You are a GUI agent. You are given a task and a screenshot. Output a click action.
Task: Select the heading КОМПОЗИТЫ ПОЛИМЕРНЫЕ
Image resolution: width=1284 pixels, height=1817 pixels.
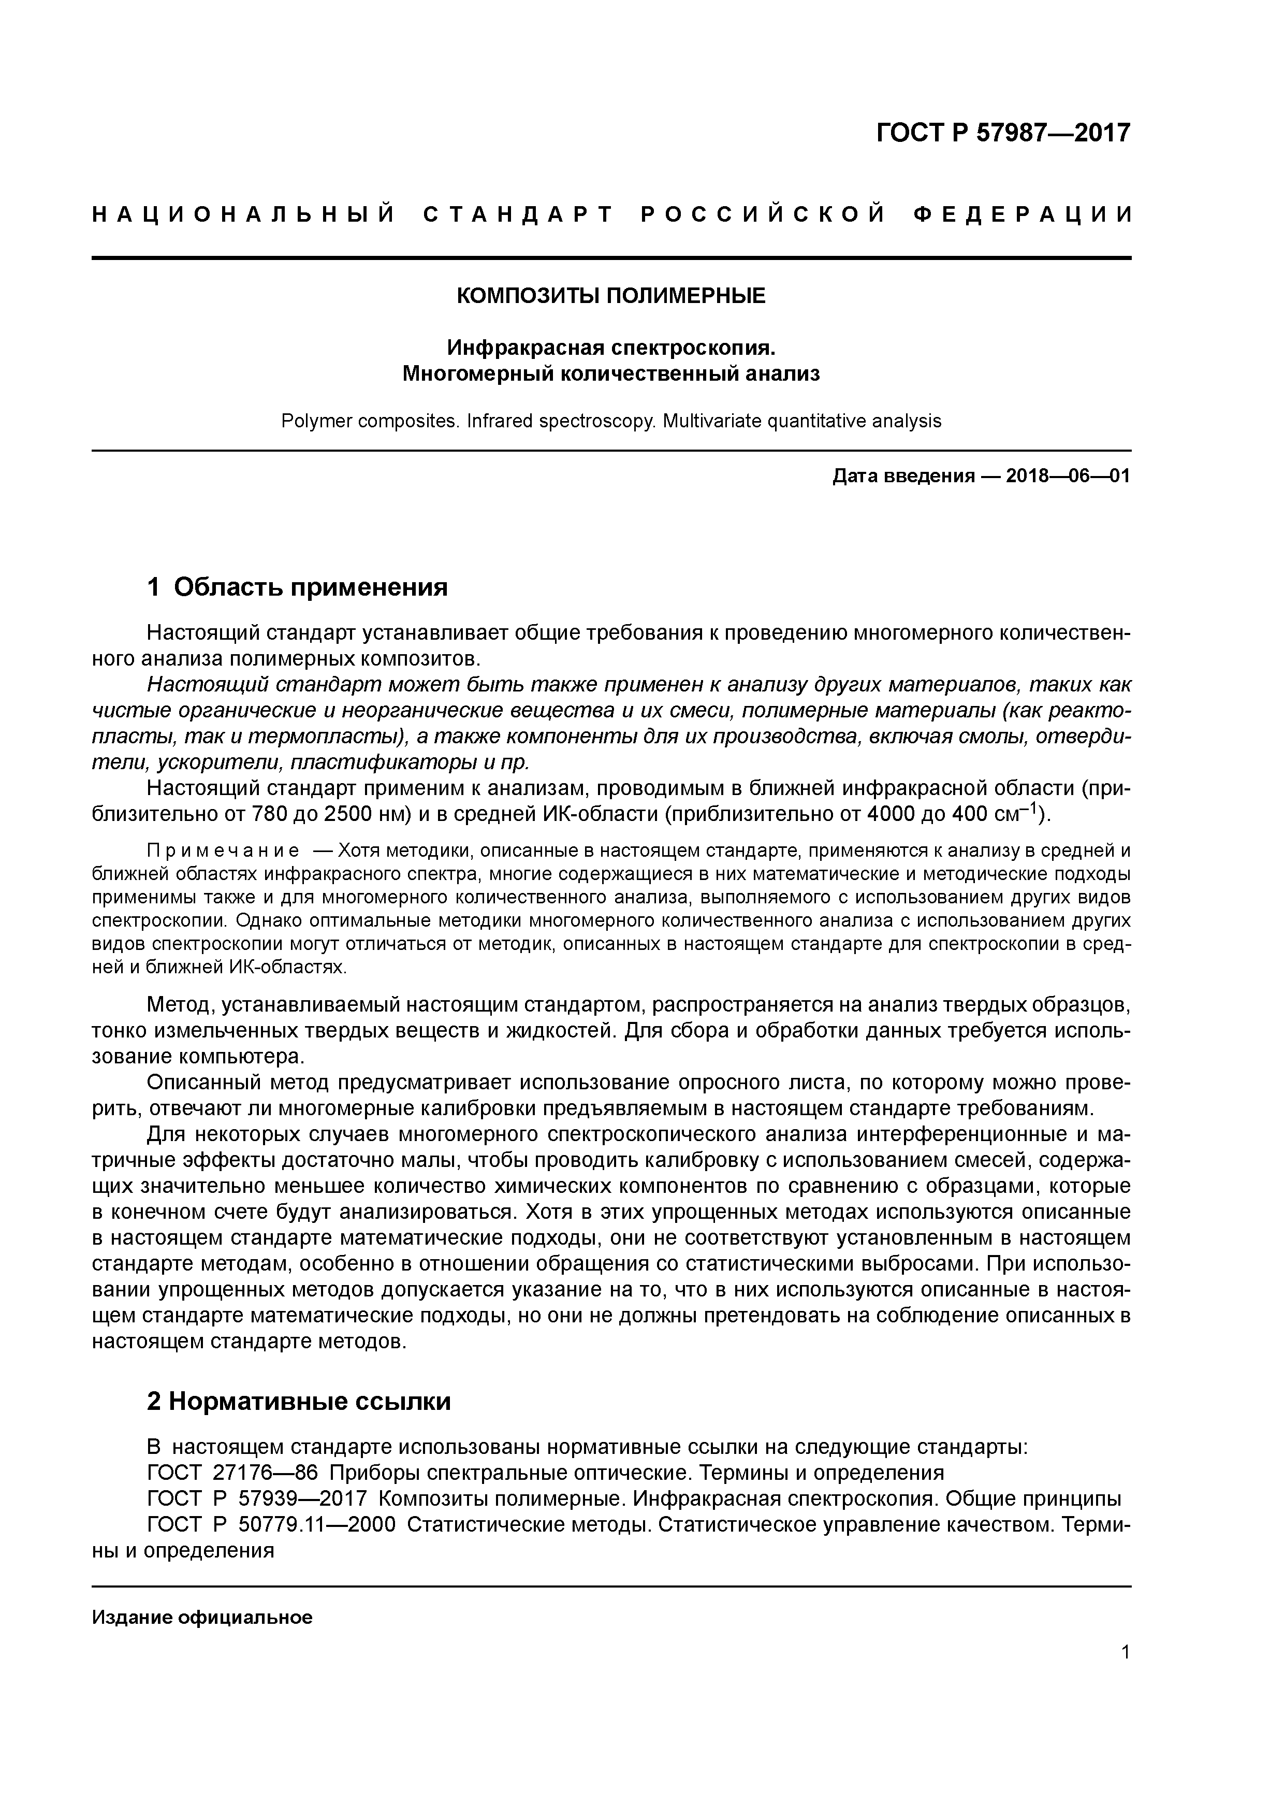click(x=611, y=296)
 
